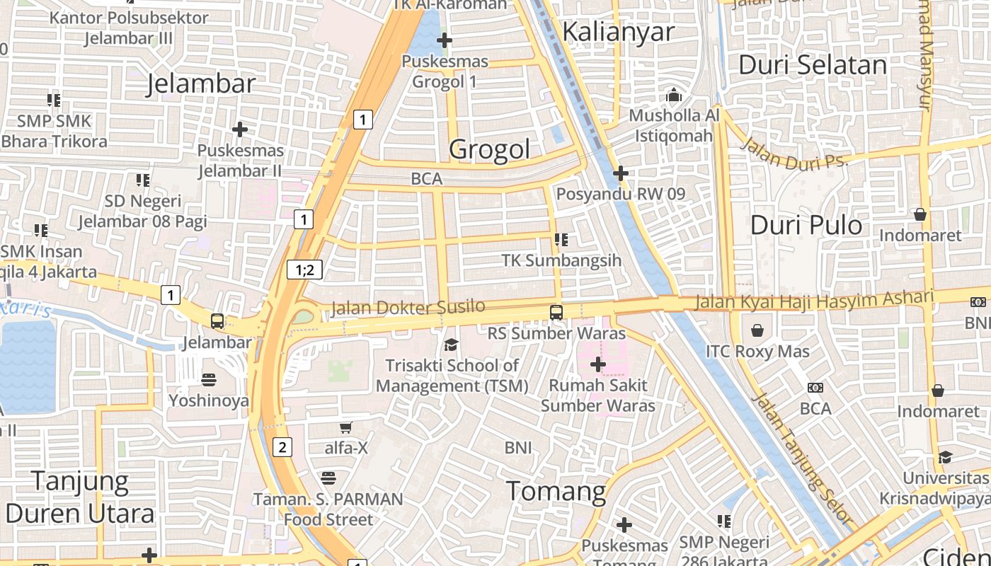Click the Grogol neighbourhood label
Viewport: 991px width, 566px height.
pyautogui.click(x=489, y=149)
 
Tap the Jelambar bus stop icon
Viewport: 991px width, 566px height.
pyautogui.click(x=217, y=321)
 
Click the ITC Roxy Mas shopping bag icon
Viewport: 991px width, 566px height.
pyautogui.click(x=757, y=330)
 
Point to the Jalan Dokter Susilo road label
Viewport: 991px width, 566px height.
pyautogui.click(x=408, y=307)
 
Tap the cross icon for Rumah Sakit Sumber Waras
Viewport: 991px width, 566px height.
pyautogui.click(x=598, y=364)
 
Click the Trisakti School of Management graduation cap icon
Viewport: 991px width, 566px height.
pyautogui.click(x=451, y=345)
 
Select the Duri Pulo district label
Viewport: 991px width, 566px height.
pyautogui.click(x=806, y=225)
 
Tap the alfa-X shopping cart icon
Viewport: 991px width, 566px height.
pyautogui.click(x=345, y=427)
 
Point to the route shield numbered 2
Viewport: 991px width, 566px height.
pyautogui.click(x=282, y=447)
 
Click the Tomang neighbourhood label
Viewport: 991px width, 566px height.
pyautogui.click(x=556, y=491)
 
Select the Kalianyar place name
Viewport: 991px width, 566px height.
pyautogui.click(x=619, y=32)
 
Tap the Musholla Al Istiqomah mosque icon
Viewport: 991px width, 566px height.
pyautogui.click(x=673, y=95)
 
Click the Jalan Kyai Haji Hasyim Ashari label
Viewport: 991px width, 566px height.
pyautogui.click(x=814, y=301)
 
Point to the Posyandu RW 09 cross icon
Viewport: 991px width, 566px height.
pyautogui.click(x=621, y=173)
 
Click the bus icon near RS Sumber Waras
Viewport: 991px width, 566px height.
pyautogui.click(x=556, y=312)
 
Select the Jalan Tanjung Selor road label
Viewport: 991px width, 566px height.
pyautogui.click(x=793, y=442)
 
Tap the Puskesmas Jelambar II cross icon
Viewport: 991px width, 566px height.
pyautogui.click(x=240, y=129)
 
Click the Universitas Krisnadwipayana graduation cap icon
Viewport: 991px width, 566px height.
pyautogui.click(x=945, y=457)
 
